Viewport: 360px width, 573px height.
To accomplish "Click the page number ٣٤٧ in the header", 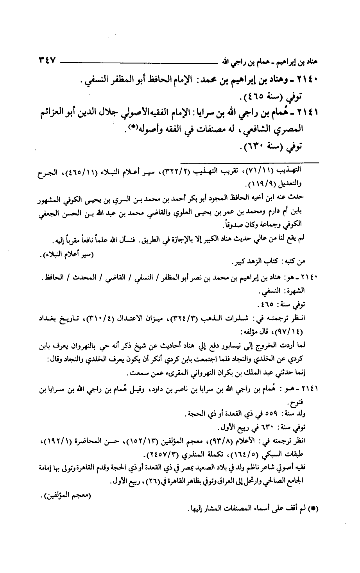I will [x=45, y=61].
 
